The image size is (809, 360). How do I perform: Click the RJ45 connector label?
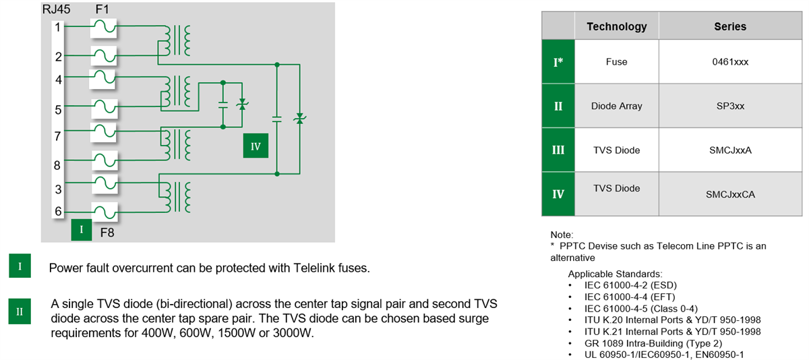[55, 9]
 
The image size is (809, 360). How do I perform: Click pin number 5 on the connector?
[59, 109]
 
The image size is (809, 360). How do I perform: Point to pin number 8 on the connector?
[59, 164]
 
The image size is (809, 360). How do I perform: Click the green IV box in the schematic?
[256, 146]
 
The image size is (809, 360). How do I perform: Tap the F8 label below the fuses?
[108, 233]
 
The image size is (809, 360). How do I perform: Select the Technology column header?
[616, 26]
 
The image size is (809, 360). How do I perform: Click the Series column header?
[730, 26]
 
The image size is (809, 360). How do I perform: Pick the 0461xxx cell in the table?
[730, 61]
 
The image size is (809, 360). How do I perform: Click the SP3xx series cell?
[730, 106]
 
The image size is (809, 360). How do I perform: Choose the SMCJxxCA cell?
[730, 194]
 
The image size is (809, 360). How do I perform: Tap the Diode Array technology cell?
[616, 106]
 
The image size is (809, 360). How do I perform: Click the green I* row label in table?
[558, 61]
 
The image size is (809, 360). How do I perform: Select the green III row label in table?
[558, 150]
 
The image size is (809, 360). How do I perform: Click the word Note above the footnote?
[562, 235]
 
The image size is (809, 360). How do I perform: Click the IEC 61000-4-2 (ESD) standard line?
[631, 285]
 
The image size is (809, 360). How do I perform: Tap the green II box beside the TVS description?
[20, 311]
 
